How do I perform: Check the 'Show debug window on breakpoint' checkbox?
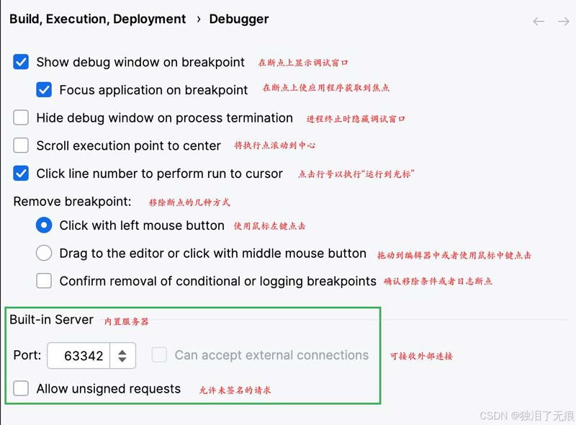pyautogui.click(x=21, y=62)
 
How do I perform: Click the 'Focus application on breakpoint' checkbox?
pyautogui.click(x=44, y=90)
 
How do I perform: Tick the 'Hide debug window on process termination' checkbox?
pyautogui.click(x=21, y=117)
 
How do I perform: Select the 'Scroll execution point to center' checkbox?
pyautogui.click(x=21, y=146)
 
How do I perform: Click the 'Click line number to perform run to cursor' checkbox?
pyautogui.click(x=21, y=174)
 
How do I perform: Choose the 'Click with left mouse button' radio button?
pyautogui.click(x=44, y=225)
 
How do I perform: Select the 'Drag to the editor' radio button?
pyautogui.click(x=44, y=253)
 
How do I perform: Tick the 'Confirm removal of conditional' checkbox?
pyautogui.click(x=44, y=281)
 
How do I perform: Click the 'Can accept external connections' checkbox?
pyautogui.click(x=159, y=355)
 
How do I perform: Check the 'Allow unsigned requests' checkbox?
pyautogui.click(x=21, y=389)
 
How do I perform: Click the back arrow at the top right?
pyautogui.click(x=539, y=22)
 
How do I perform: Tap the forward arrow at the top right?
pyautogui.click(x=563, y=22)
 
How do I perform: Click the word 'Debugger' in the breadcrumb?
pyautogui.click(x=238, y=19)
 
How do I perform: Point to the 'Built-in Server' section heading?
pyautogui.click(x=51, y=319)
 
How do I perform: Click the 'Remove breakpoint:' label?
pyautogui.click(x=72, y=202)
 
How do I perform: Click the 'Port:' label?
pyautogui.click(x=27, y=356)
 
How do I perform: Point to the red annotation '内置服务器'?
pyautogui.click(x=127, y=321)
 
